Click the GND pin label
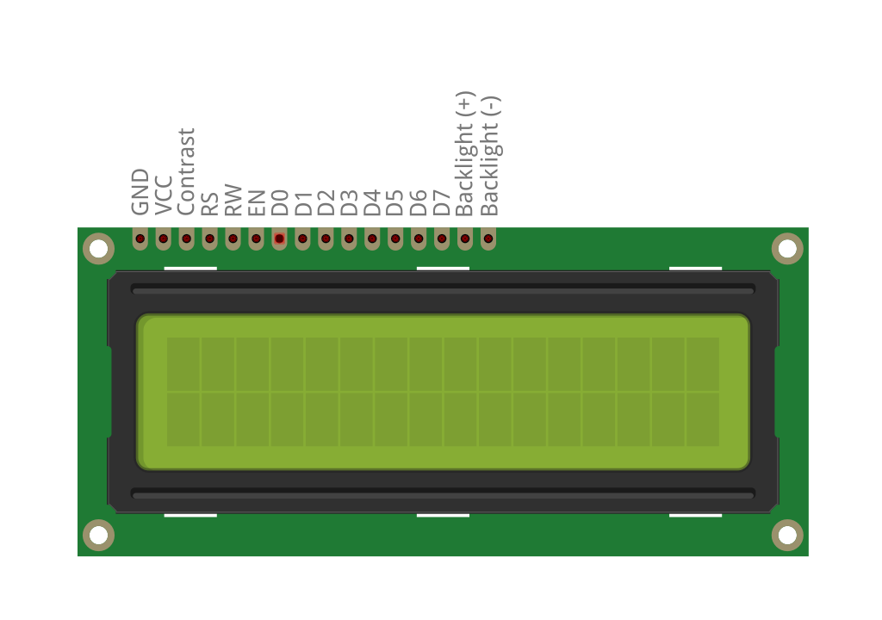140,192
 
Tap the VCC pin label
164,194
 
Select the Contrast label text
187,171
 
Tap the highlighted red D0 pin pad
279,238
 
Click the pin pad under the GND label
140,238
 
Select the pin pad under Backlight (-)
488,238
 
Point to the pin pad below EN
256,238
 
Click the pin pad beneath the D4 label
372,238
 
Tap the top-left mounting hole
98,249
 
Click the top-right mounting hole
787,249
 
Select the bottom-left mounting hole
98,535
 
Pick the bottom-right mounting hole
787,535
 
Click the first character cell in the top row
183,364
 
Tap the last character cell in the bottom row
702,419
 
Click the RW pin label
233,199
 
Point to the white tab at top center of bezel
443,268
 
